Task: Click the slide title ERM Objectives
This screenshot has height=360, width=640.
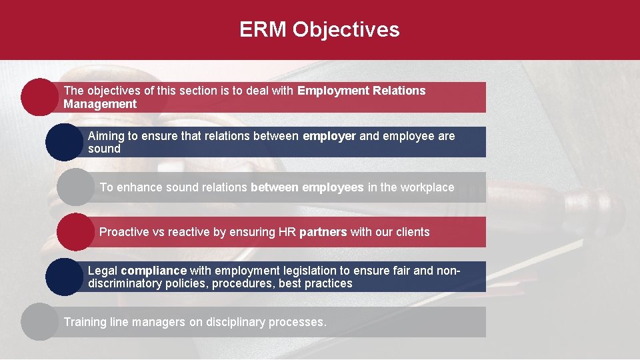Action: (319, 30)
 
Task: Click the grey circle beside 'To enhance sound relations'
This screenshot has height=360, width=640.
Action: (76, 187)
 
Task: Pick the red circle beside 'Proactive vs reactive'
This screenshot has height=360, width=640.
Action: (76, 232)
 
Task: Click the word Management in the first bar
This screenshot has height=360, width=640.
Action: (100, 104)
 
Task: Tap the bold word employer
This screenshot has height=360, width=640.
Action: (329, 136)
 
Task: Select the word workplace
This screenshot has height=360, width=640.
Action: (427, 187)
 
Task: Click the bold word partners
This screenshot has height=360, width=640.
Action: (323, 232)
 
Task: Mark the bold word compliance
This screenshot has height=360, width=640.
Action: (153, 271)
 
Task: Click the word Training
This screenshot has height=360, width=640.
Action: (85, 322)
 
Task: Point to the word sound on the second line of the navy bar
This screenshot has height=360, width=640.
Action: (104, 149)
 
